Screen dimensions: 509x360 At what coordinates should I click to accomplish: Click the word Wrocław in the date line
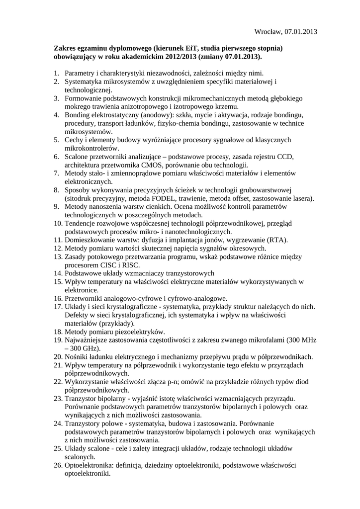pyautogui.click(x=268, y=32)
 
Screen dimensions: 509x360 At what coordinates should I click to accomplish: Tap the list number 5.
pyautogui.click(x=57, y=140)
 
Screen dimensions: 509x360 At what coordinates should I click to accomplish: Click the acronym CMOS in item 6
pyautogui.click(x=155, y=165)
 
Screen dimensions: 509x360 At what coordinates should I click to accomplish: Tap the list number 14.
pyautogui.click(x=58, y=273)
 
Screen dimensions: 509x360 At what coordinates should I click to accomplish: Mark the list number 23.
pyautogui.click(x=58, y=399)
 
